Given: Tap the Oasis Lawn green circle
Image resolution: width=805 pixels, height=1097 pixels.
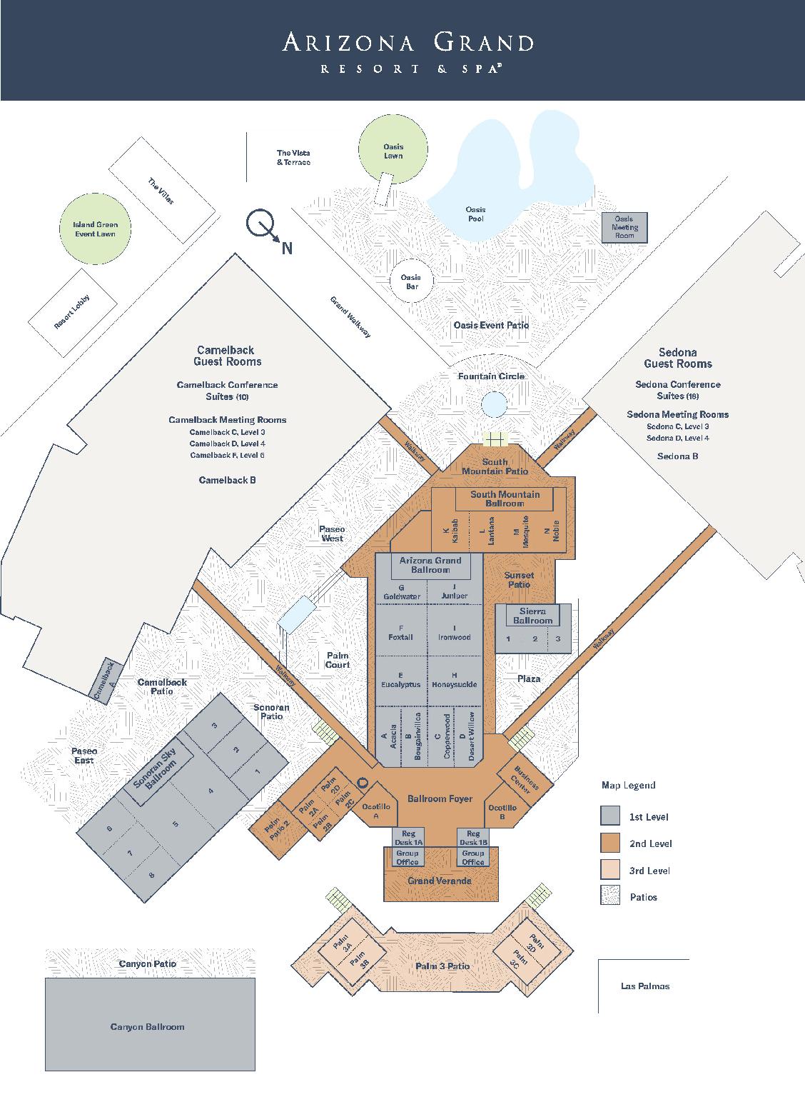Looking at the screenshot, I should click(393, 148).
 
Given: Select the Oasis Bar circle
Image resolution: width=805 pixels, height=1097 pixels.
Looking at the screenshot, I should click(410, 281).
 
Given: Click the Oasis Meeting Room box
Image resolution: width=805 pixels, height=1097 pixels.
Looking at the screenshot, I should click(624, 227).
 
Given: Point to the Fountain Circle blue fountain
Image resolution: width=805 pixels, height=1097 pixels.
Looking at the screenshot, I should click(493, 404).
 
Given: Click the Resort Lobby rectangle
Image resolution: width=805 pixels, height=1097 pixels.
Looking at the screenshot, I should click(73, 311).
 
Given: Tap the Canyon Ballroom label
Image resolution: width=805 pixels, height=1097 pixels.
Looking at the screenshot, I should click(148, 1026).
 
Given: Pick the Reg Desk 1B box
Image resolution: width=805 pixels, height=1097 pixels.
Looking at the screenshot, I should click(473, 838).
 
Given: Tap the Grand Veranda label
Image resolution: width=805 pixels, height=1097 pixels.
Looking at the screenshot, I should click(440, 881).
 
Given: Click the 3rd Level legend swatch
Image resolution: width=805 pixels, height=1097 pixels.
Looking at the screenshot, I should click(610, 870).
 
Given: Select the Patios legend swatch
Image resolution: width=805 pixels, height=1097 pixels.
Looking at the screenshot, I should click(610, 896).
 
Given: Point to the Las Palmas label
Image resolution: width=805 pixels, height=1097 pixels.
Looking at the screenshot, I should click(645, 986).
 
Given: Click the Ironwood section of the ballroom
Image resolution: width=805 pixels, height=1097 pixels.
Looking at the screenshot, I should click(455, 632).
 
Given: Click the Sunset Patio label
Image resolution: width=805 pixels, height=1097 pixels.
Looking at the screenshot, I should click(519, 579).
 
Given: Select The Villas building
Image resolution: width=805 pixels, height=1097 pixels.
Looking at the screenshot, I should click(162, 191).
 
